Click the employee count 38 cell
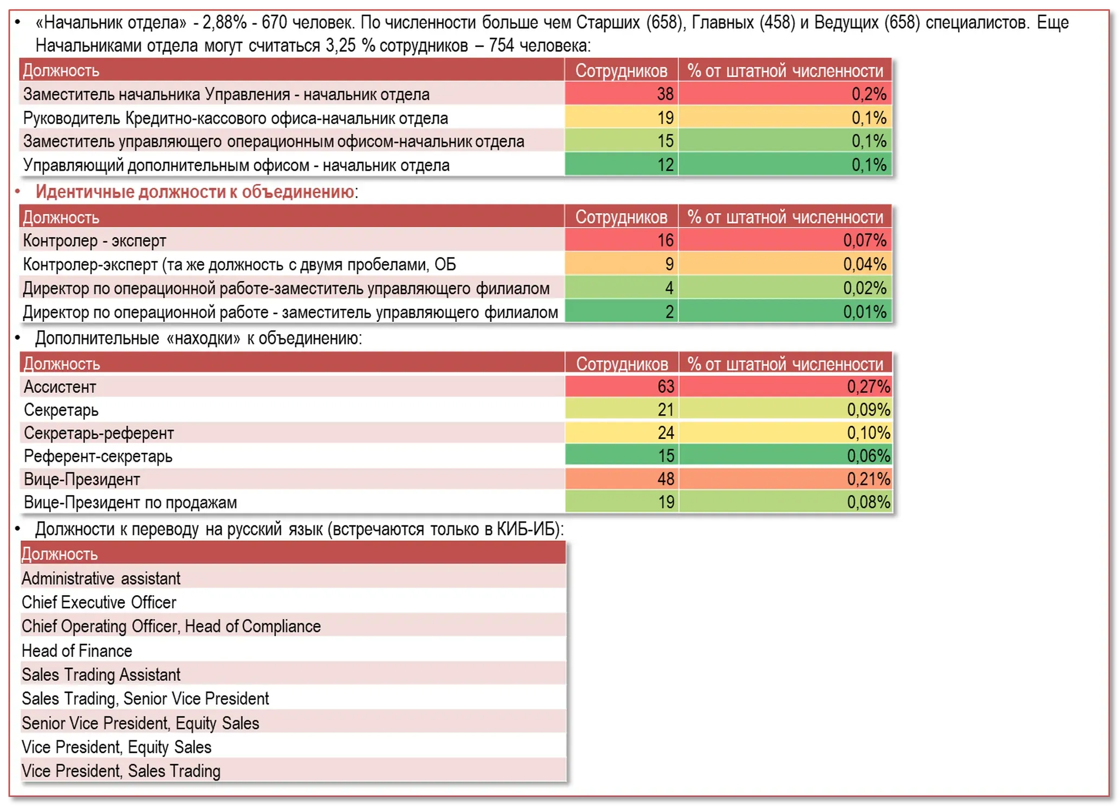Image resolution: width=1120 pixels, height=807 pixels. pyautogui.click(x=621, y=94)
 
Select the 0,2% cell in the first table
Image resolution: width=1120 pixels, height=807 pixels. pyautogui.click(x=785, y=94)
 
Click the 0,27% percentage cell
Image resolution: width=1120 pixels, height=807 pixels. pyautogui.click(x=785, y=386)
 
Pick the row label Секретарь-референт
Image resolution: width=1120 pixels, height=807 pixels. pyautogui.click(x=99, y=433)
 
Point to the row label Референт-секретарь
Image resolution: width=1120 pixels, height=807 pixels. pyautogui.click(x=98, y=456)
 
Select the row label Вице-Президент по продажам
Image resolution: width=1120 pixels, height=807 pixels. pyautogui.click(x=130, y=502)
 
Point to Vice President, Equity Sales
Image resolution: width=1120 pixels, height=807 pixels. pyautogui.click(x=116, y=747)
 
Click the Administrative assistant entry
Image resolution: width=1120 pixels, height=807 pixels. pyautogui.click(x=101, y=578)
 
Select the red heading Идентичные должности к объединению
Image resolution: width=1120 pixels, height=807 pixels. pyautogui.click(x=195, y=192)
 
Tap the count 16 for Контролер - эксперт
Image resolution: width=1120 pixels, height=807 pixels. pyautogui.click(x=621, y=240)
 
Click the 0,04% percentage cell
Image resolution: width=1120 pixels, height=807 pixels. pyautogui.click(x=785, y=264)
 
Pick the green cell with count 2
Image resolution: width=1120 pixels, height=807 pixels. pyautogui.click(x=621, y=311)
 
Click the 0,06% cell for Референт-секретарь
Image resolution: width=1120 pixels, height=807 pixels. pyautogui.click(x=785, y=455)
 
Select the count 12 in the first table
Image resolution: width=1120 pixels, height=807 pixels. pyautogui.click(x=621, y=165)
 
